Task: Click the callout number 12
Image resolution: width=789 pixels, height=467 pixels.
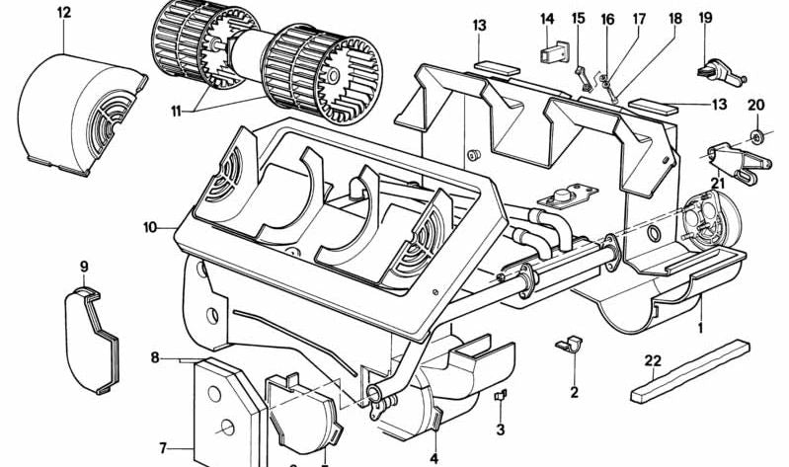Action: pos(64,13)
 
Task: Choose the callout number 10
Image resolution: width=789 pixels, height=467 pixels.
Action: pos(149,227)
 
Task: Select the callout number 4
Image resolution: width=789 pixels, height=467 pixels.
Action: pos(434,456)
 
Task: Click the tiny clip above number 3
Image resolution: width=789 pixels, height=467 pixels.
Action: pos(500,395)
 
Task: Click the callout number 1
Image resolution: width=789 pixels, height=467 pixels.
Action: pos(701,324)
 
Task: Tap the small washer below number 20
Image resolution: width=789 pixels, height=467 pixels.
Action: pos(755,132)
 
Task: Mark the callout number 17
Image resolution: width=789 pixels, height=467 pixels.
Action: pos(638,18)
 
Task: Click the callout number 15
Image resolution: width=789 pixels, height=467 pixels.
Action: pos(579,18)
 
